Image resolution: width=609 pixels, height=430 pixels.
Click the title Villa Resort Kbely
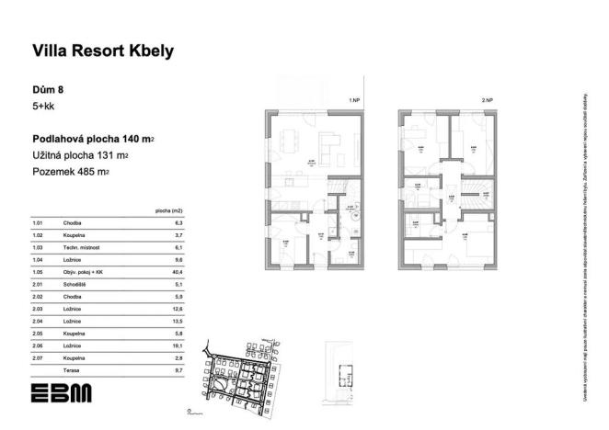[x=102, y=51]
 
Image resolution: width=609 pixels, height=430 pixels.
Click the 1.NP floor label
[x=352, y=98]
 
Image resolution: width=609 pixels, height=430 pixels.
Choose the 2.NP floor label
[x=487, y=98]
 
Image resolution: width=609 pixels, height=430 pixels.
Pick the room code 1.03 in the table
[x=39, y=248]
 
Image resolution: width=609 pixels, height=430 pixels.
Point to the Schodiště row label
[x=74, y=285]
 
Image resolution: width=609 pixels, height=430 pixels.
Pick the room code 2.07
[x=39, y=356]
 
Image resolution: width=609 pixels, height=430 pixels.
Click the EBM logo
[x=61, y=392]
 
